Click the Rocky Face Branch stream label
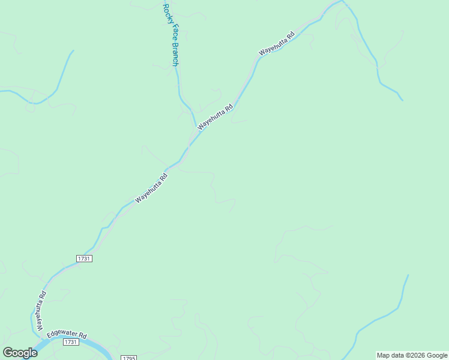pos(171,35)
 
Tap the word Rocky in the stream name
pos(167,14)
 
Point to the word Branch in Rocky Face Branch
pos(175,54)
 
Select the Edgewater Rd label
pos(67,335)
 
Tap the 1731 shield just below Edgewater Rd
pos(71,342)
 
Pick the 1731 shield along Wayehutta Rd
pos(83,258)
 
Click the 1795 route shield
pos(128,358)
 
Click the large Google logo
pos(20,352)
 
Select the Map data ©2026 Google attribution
pos(412,355)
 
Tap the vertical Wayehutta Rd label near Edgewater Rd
pos(41,311)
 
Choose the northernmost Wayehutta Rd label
pos(277,44)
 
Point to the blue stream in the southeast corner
pos(384,315)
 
